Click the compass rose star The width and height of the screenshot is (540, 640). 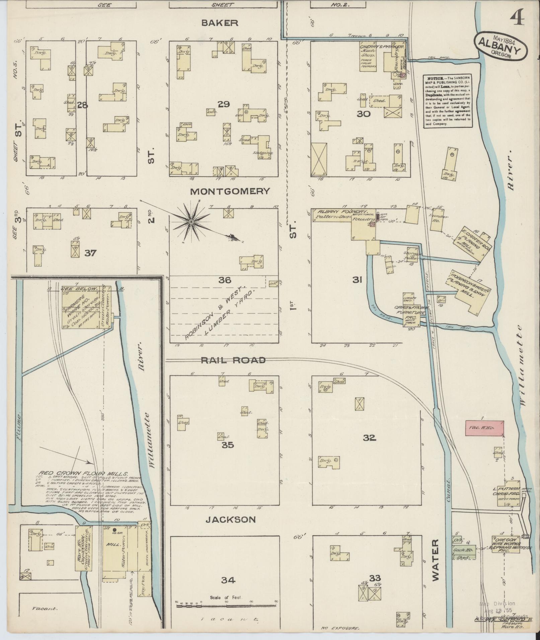[191, 222]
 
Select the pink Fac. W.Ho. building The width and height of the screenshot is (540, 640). [484, 428]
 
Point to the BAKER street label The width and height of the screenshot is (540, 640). [220, 23]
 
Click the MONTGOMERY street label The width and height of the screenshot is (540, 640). [230, 191]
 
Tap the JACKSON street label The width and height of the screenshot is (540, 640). [230, 520]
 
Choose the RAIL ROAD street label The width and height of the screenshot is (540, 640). [233, 360]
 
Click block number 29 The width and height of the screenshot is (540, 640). [223, 104]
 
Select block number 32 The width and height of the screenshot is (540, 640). [369, 438]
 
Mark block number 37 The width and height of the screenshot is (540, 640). [90, 253]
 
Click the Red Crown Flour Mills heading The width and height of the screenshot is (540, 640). [83, 474]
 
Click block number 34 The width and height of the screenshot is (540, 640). [228, 580]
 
